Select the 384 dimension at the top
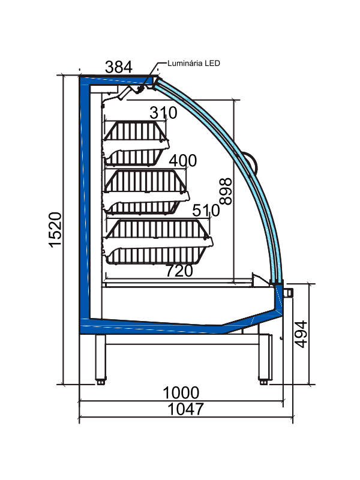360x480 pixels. pyautogui.click(x=118, y=67)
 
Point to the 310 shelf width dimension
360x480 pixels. pyautogui.click(x=163, y=113)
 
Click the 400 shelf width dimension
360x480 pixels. pyautogui.click(x=182, y=161)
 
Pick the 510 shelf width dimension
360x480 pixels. pyautogui.click(x=205, y=211)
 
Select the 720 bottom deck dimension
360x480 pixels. pyautogui.click(x=179, y=271)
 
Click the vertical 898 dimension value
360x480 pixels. pyautogui.click(x=226, y=191)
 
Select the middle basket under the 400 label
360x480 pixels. pyautogui.click(x=144, y=191)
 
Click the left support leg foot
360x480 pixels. pyautogui.click(x=100, y=380)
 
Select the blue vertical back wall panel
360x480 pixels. pyautogui.click(x=84, y=198)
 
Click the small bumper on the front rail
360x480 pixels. pyautogui.click(x=289, y=292)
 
